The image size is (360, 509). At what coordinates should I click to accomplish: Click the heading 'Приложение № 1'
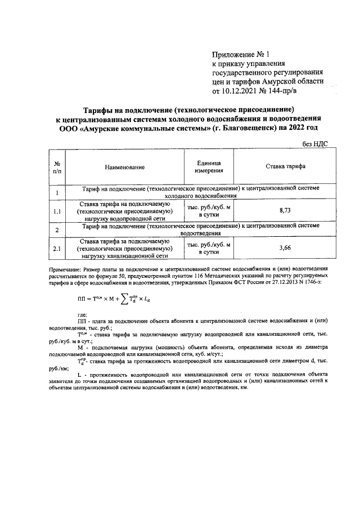coord(241,55)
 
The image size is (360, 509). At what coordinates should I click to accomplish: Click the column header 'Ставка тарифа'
coord(285,167)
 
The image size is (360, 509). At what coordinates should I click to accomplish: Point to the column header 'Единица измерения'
coord(209,166)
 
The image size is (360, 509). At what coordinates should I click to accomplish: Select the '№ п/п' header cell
coord(57,167)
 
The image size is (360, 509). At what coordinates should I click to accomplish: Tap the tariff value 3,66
coord(285,247)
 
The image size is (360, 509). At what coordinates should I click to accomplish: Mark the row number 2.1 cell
coord(57,248)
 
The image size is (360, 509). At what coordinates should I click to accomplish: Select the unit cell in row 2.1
coord(209,248)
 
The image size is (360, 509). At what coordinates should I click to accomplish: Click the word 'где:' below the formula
coord(83,314)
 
